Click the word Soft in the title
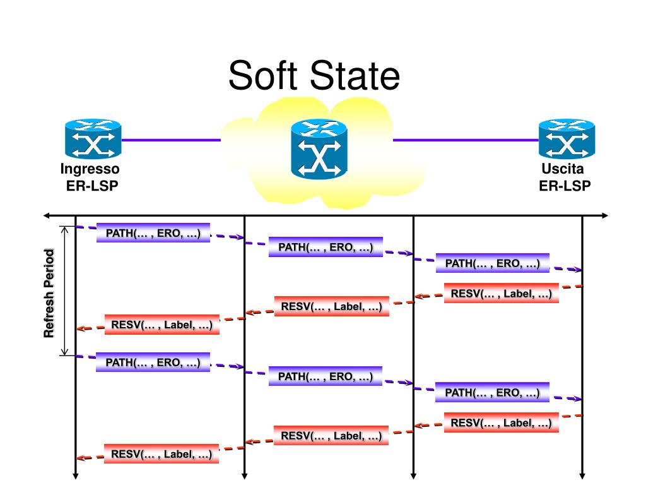(x=263, y=76)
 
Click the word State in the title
(x=355, y=76)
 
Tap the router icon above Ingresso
(x=93, y=139)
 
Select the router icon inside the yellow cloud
(x=319, y=149)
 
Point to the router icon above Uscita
(x=567, y=139)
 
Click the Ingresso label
(x=90, y=169)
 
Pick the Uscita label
(x=562, y=169)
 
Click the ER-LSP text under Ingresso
(x=92, y=186)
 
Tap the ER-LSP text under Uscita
(x=565, y=186)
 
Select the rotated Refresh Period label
(x=49, y=293)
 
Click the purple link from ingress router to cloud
(x=171, y=140)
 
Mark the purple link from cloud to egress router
(x=466, y=140)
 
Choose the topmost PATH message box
(x=153, y=233)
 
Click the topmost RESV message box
(x=502, y=293)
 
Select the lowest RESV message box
(x=161, y=454)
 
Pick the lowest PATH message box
(x=492, y=392)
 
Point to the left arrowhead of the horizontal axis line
(x=46, y=215)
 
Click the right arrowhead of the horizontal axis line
(x=605, y=215)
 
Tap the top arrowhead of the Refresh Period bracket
(x=64, y=229)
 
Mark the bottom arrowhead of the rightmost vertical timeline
(x=582, y=476)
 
